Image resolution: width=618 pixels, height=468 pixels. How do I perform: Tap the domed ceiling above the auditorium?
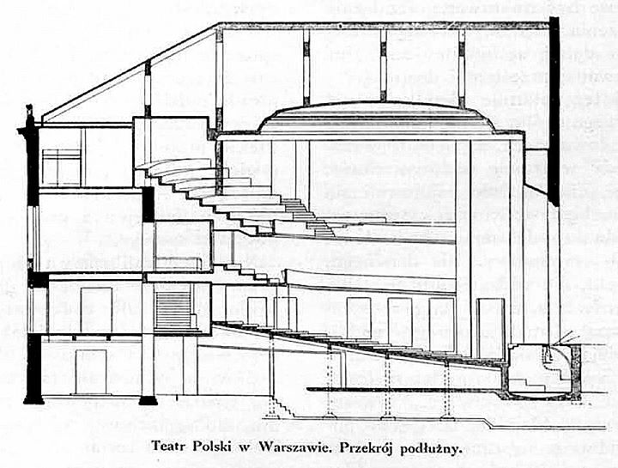pyautogui.click(x=376, y=118)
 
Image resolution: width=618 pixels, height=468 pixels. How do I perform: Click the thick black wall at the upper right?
pyautogui.click(x=554, y=111)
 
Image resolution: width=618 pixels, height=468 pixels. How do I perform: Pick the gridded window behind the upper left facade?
pyautogui.click(x=62, y=167)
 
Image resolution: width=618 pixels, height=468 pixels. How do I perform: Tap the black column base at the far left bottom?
pyautogui.click(x=33, y=398)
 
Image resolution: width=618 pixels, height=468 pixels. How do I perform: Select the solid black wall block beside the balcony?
pyautogui.click(x=148, y=204)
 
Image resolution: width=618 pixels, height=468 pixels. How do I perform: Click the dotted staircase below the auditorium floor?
pyautogui.click(x=282, y=405)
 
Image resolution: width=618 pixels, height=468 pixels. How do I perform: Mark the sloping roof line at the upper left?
pyautogui.click(x=130, y=70)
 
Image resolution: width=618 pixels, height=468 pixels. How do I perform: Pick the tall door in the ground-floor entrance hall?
pyautogui.click(x=96, y=310)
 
